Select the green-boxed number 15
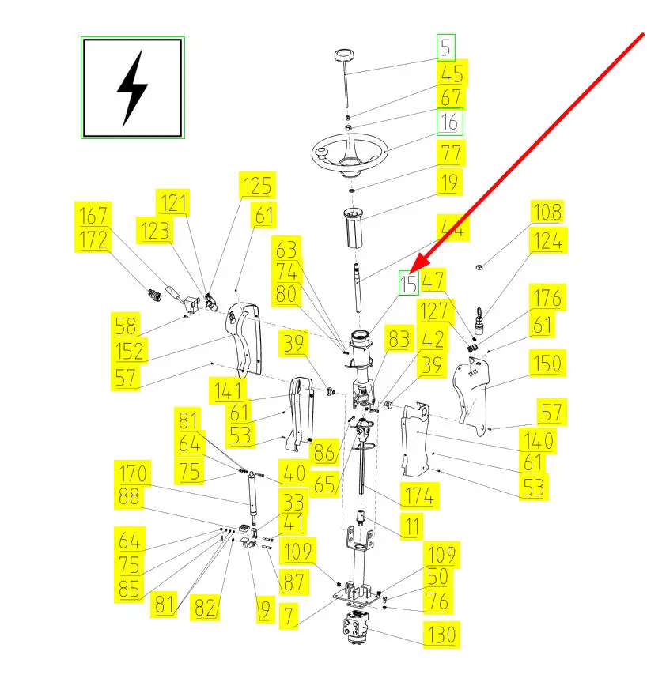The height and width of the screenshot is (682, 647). click(408, 282)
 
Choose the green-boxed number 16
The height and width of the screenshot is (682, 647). click(450, 122)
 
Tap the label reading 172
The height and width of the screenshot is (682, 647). click(93, 239)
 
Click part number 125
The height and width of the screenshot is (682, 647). click(257, 186)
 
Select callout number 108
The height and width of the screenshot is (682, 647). click(546, 212)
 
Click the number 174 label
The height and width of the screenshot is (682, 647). click(418, 497)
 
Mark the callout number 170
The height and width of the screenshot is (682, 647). click(134, 474)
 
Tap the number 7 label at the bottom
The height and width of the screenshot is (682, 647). click(289, 616)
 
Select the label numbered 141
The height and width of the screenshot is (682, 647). click(227, 389)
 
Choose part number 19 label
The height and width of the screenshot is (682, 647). click(449, 183)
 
